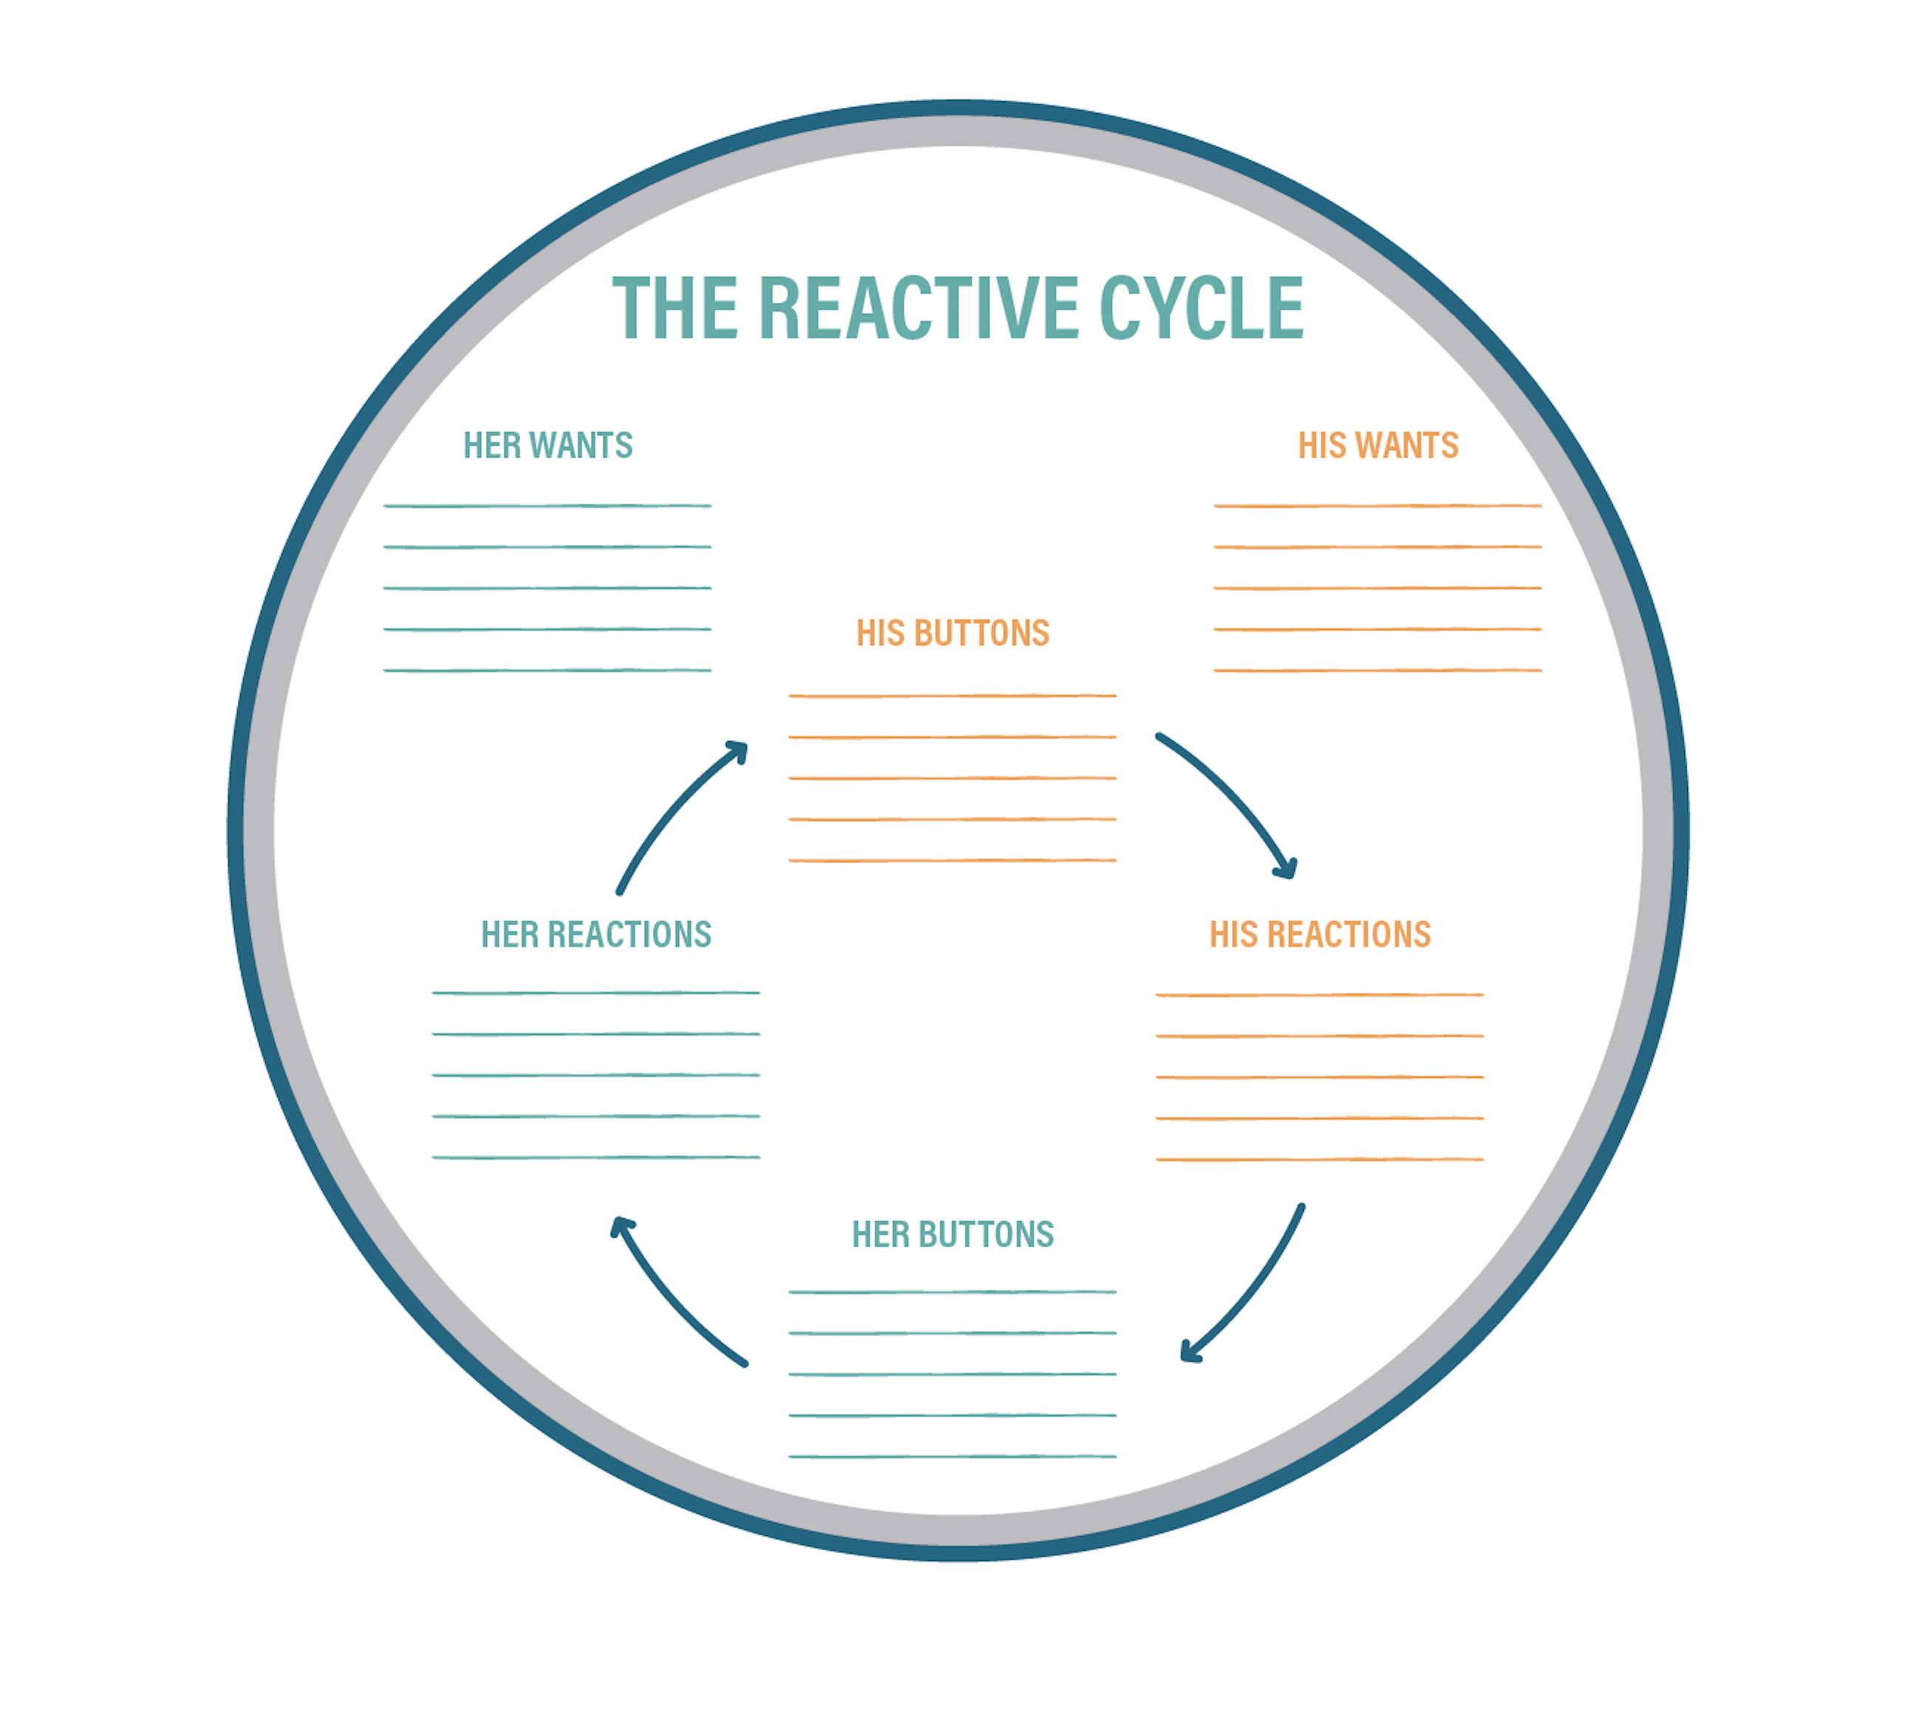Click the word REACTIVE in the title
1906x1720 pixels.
[x=918, y=308]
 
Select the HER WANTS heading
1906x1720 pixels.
[x=547, y=445]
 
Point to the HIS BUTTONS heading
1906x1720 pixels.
[x=952, y=633]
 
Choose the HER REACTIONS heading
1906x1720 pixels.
[x=595, y=934]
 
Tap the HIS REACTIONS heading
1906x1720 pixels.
[x=1319, y=934]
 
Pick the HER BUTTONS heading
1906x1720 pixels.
[x=952, y=1235]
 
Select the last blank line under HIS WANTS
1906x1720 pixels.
[x=1377, y=670]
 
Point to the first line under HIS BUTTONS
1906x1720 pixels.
[x=952, y=695]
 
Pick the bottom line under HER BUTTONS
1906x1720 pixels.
[x=952, y=1456]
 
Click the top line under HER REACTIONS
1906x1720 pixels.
[x=595, y=993]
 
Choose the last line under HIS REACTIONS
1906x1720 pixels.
[x=1319, y=1159]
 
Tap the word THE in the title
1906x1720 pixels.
[x=674, y=308]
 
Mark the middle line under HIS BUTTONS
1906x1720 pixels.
[x=952, y=778]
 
